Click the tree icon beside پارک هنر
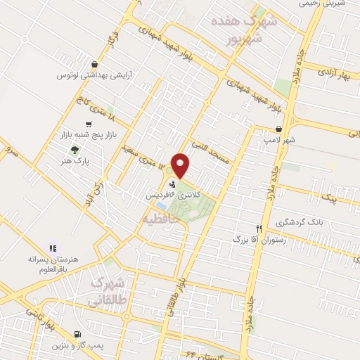click(75, 148)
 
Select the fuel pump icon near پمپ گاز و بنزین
click(77, 334)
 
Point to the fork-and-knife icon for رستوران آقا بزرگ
click(259, 229)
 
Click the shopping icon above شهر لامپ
click(280, 129)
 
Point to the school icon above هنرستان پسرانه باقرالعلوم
click(52, 247)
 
